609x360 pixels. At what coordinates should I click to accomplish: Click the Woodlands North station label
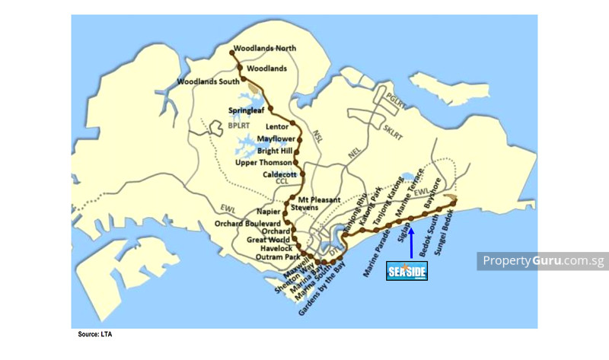coord(265,49)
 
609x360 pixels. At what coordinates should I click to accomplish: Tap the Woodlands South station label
coord(208,81)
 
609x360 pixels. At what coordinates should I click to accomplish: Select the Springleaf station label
coord(246,110)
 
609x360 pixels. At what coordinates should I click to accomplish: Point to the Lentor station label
coord(279,126)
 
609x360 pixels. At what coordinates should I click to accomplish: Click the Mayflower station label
coord(276,139)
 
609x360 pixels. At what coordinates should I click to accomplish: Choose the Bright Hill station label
coord(275,151)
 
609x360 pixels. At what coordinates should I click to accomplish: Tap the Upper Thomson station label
coord(263,163)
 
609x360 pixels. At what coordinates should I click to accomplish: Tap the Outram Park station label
coord(265,256)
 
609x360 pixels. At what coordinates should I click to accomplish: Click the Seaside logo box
coord(407,271)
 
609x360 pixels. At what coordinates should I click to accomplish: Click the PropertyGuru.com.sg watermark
coord(543,261)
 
